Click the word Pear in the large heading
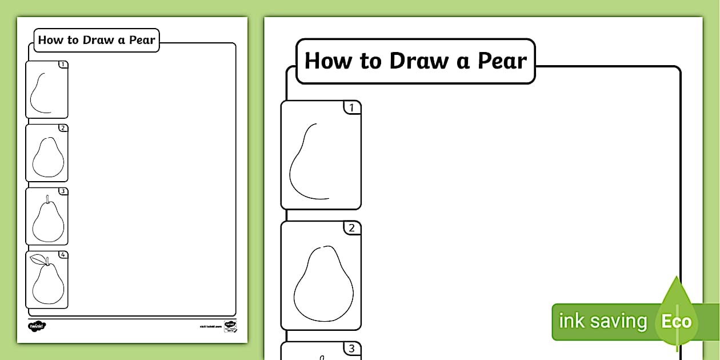(x=501, y=61)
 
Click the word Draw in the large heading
(x=419, y=61)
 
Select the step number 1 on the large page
(x=352, y=107)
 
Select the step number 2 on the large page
(x=352, y=228)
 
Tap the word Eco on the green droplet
(x=676, y=322)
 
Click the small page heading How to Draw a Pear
(x=97, y=41)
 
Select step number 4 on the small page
(x=63, y=254)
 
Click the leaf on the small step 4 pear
(x=38, y=259)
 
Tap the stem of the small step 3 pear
(x=48, y=198)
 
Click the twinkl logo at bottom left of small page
(x=37, y=326)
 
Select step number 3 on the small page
(x=63, y=191)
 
